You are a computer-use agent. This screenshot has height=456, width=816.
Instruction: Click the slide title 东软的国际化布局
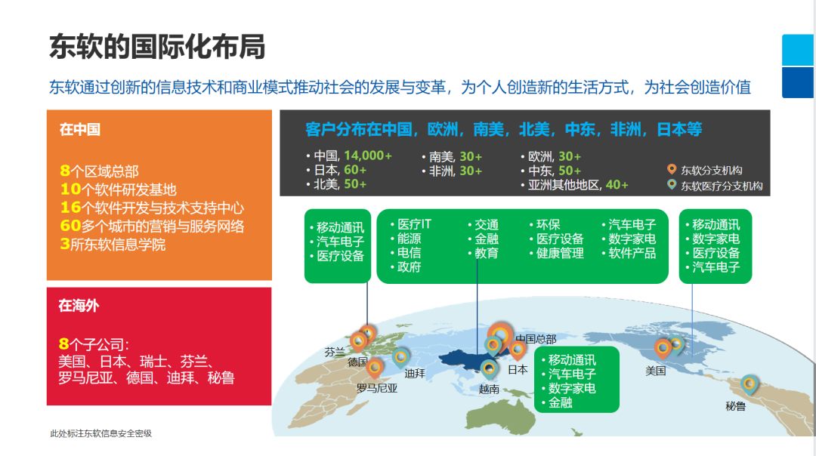157,47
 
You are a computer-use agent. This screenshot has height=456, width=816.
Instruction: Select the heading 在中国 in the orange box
80,130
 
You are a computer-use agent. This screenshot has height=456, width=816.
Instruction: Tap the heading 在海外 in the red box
79,306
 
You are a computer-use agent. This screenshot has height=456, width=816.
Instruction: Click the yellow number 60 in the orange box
70,226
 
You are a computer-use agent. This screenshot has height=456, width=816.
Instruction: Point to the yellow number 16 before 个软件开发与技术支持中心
70,208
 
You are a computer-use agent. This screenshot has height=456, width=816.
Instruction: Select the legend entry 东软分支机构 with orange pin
711,170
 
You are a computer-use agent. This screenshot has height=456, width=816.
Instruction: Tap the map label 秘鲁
735,406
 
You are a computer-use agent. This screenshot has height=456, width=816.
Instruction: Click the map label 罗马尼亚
377,389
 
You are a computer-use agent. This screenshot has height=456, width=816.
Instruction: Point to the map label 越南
489,390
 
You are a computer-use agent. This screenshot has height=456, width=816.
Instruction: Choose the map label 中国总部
535,339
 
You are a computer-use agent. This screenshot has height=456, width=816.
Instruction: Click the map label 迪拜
414,373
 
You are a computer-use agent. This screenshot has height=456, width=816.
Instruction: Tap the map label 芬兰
335,352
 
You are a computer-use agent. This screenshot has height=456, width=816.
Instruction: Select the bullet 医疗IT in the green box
415,225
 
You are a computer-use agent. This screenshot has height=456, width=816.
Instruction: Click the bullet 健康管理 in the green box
560,253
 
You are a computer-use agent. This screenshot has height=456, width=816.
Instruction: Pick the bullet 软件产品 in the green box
632,253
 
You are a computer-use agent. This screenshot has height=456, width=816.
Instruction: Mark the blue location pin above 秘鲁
750,384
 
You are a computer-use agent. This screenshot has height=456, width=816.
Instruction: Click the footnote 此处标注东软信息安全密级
101,433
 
